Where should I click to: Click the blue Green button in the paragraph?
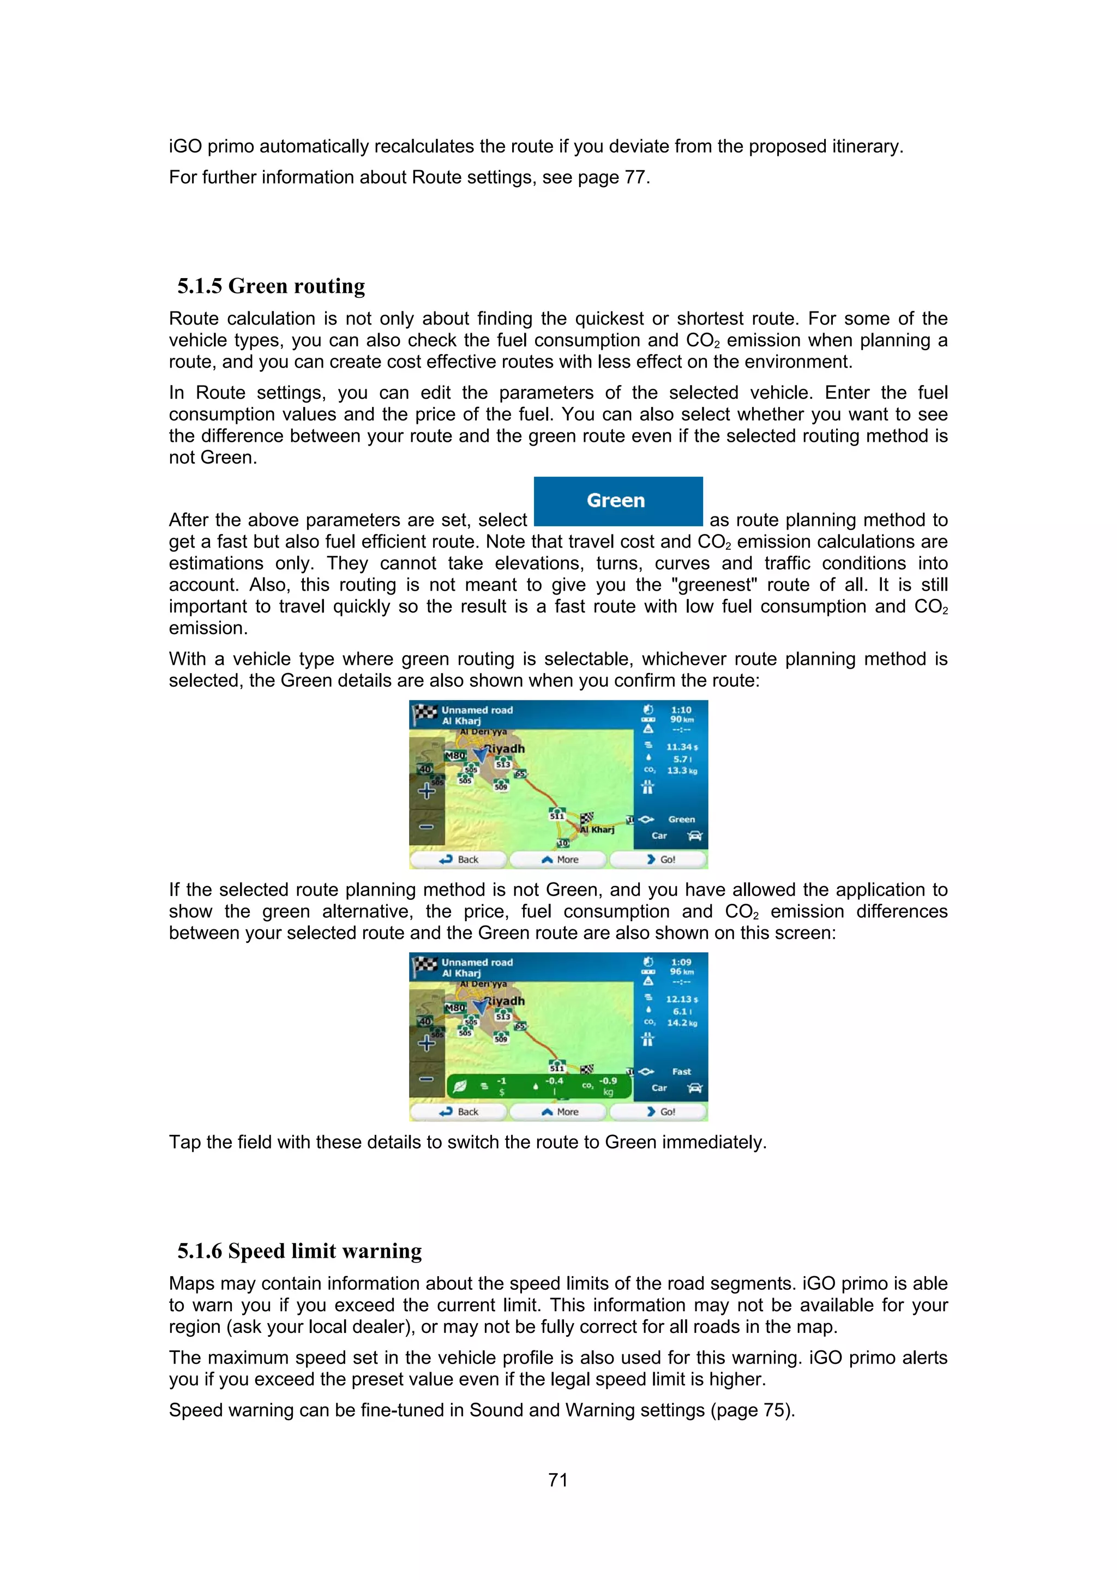pyautogui.click(x=617, y=501)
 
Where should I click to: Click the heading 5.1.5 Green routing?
pyautogui.click(x=271, y=286)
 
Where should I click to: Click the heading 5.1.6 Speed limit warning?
pyautogui.click(x=299, y=1251)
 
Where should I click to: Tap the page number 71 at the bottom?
pyautogui.click(x=558, y=1480)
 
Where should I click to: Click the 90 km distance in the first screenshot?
pyautogui.click(x=681, y=719)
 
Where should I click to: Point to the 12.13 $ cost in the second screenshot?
pyautogui.click(x=681, y=999)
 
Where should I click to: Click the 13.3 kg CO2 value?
pyautogui.click(x=681, y=771)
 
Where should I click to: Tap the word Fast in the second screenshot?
pyautogui.click(x=681, y=1072)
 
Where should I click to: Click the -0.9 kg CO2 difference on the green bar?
pyautogui.click(x=608, y=1086)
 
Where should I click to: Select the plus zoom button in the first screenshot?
pyautogui.click(x=427, y=791)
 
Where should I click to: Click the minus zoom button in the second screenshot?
pyautogui.click(x=427, y=1079)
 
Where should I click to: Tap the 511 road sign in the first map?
pyautogui.click(x=557, y=815)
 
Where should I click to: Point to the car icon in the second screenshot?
pyautogui.click(x=695, y=1088)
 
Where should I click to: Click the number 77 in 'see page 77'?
pyautogui.click(x=634, y=178)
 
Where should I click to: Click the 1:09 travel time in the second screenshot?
pyautogui.click(x=681, y=962)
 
